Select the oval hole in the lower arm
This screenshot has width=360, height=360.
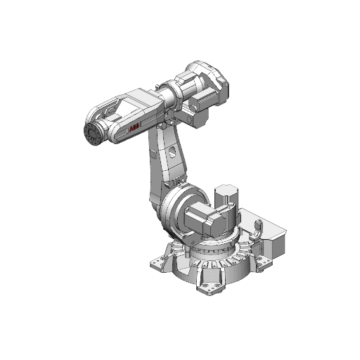coord(171,150)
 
